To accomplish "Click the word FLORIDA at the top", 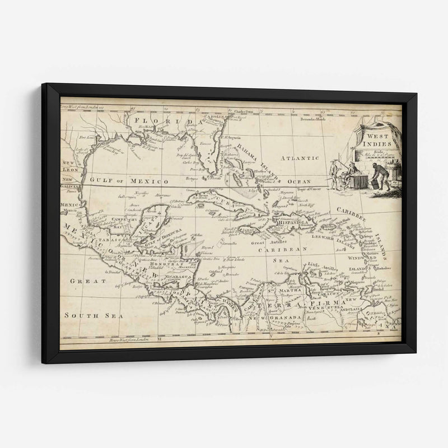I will click(x=163, y=121).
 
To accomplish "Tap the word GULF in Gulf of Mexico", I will click(x=99, y=181).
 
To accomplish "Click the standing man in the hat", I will click(x=334, y=174).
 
